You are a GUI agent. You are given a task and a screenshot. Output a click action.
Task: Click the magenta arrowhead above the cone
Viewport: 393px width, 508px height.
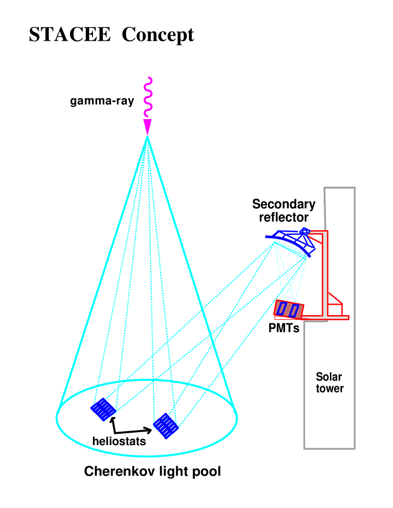coord(147,126)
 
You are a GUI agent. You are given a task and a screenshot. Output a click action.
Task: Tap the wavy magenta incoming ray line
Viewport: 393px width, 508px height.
coord(148,98)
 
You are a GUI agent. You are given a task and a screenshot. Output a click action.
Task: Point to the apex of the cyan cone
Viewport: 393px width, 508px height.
coord(147,137)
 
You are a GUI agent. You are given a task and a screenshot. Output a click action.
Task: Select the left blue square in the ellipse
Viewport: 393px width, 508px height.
coord(103,409)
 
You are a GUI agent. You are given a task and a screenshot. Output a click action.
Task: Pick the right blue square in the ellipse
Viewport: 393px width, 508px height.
coord(166,425)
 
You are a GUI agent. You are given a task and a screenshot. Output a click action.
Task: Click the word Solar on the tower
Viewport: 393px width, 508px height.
coord(329,377)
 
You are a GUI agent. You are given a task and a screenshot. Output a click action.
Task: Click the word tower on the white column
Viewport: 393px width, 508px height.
coord(330,389)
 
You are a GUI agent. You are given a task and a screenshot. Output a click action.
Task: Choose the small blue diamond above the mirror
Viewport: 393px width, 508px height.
coord(305,232)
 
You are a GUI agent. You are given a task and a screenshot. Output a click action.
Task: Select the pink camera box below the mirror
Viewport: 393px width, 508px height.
coord(289,309)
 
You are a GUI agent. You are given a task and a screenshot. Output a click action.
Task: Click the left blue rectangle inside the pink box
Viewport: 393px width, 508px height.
coord(282,308)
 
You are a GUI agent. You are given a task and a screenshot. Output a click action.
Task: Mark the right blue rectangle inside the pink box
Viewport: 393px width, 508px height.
coord(294,310)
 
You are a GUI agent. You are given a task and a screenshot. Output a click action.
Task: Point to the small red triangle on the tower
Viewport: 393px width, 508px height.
coord(334,299)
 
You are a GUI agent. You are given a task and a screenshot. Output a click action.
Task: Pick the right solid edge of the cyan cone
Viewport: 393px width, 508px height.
coord(191,273)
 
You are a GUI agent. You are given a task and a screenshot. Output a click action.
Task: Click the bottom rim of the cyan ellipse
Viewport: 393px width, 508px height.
coord(147,455)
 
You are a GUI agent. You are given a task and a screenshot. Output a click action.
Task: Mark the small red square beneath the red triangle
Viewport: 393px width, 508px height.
coord(335,309)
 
